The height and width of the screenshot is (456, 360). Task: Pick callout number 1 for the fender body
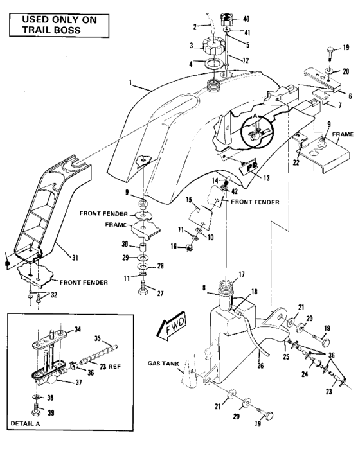(132, 83)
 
